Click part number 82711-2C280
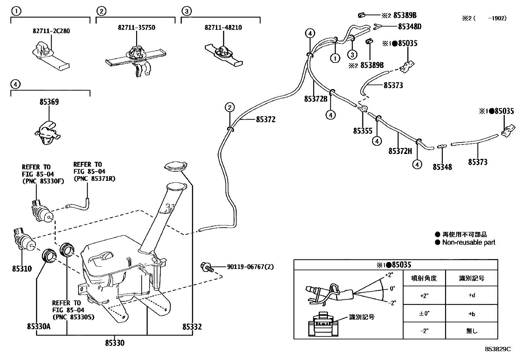click(x=51, y=31)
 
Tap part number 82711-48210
click(x=223, y=28)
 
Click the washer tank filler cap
click(x=175, y=166)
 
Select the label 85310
click(x=22, y=269)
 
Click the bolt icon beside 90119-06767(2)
click(x=207, y=267)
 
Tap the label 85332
click(x=192, y=327)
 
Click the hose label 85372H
click(x=400, y=151)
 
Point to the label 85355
click(x=363, y=131)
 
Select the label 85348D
click(x=410, y=27)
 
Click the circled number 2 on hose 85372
click(x=230, y=107)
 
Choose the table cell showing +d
click(x=472, y=295)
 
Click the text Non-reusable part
click(x=469, y=242)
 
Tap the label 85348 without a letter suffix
click(x=442, y=167)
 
